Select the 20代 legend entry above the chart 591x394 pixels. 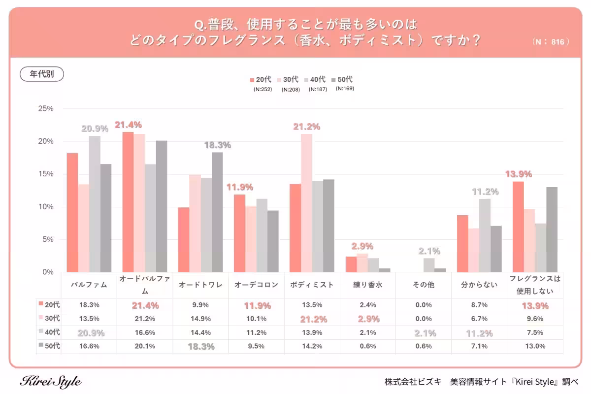261,79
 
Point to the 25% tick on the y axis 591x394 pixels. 46,109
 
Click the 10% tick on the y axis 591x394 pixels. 46,207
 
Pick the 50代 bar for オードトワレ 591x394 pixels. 217,212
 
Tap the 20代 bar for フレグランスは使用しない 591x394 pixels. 518,227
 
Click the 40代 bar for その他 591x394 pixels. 429,265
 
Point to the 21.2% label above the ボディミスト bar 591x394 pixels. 306,127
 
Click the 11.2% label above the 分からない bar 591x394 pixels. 485,192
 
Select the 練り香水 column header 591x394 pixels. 368,285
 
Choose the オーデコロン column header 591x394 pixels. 256,285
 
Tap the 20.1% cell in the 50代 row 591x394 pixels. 145,346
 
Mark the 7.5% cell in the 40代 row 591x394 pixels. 535,332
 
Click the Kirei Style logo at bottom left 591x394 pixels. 51,381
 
